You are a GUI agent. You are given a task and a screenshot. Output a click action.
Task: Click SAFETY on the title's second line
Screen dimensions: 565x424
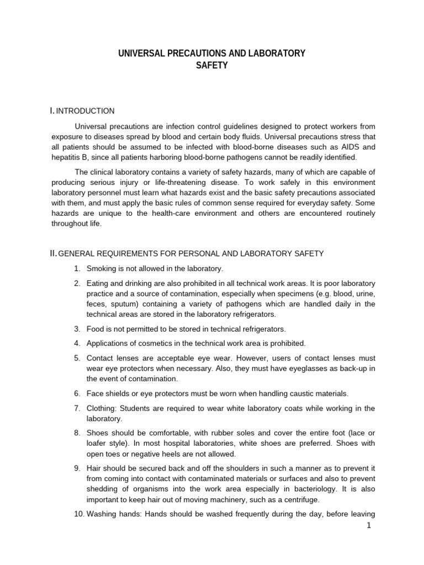click(x=212, y=66)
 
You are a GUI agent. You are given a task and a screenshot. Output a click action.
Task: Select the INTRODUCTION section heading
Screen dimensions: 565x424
click(x=86, y=111)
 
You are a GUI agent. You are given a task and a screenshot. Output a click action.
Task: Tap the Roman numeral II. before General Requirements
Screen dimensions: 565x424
click(x=53, y=253)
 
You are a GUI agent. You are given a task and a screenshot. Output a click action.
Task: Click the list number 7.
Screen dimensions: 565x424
click(x=77, y=408)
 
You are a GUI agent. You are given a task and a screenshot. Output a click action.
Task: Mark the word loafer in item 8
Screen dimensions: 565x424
click(x=98, y=444)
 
